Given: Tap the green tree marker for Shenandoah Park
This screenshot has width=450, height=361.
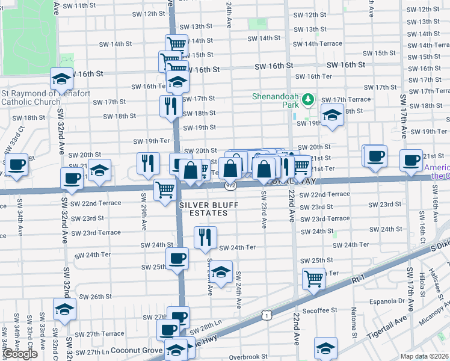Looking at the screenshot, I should tap(307, 98).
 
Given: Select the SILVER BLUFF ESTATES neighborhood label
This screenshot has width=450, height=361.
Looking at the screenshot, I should tap(208, 209).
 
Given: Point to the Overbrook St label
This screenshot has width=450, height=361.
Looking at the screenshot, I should tap(248, 357).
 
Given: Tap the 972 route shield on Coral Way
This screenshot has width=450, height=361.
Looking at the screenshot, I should tap(231, 186).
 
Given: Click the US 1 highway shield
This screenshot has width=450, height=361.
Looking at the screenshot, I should tap(266, 314).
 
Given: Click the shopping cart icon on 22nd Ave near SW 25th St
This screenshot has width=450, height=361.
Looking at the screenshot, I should tap(313, 278).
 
